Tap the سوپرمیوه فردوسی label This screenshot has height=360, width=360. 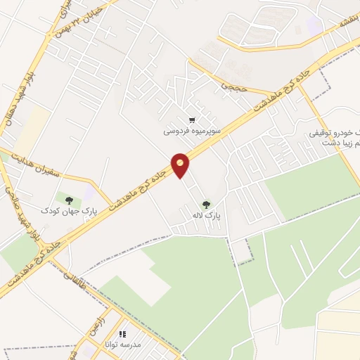coord(193,131)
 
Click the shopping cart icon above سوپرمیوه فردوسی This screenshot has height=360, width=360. coord(193,120)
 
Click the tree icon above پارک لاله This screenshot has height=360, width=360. coord(206,205)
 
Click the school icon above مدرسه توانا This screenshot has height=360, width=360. coord(123,335)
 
